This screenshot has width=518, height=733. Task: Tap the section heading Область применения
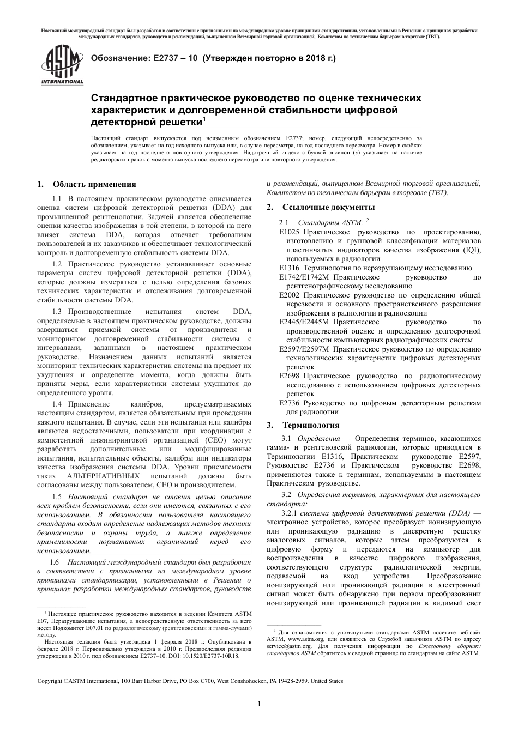(94, 184)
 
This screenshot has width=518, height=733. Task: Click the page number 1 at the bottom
(258, 704)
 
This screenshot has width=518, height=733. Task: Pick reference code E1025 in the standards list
(290, 232)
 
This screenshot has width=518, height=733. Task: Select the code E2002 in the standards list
(290, 295)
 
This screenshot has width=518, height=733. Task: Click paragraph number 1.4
(57, 404)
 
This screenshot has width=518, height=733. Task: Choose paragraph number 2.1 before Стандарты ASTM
(284, 222)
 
